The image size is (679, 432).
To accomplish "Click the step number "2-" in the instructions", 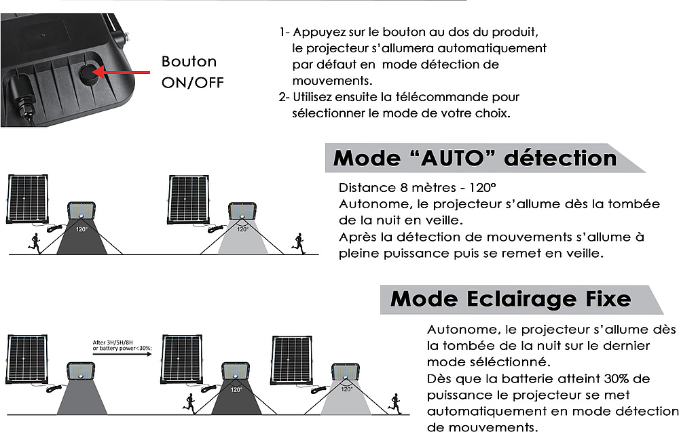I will tap(284, 97).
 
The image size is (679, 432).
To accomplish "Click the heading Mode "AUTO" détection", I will tap(475, 159).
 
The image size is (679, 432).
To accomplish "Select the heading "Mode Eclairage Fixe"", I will tap(511, 298).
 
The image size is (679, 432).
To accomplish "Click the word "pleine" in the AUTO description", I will tap(361, 253).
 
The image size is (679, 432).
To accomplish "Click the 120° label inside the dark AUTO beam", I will tap(81, 229).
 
